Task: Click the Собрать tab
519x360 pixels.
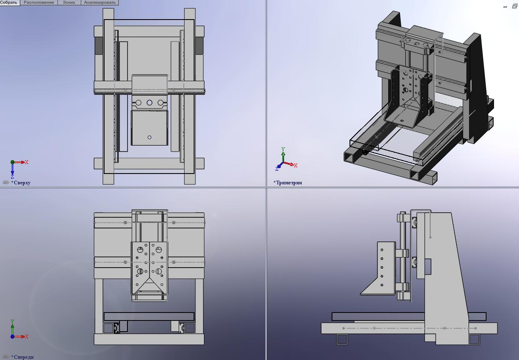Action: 9,2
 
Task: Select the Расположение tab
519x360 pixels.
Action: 39,2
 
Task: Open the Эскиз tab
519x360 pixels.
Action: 69,2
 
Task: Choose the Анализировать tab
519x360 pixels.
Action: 100,2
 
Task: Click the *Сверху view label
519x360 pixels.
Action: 21,183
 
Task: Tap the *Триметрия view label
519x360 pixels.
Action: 287,183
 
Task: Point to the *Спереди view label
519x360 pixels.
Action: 22,357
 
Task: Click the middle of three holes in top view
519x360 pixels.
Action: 150,102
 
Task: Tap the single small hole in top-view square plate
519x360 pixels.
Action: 150,137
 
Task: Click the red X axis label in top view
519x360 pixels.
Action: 27,162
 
